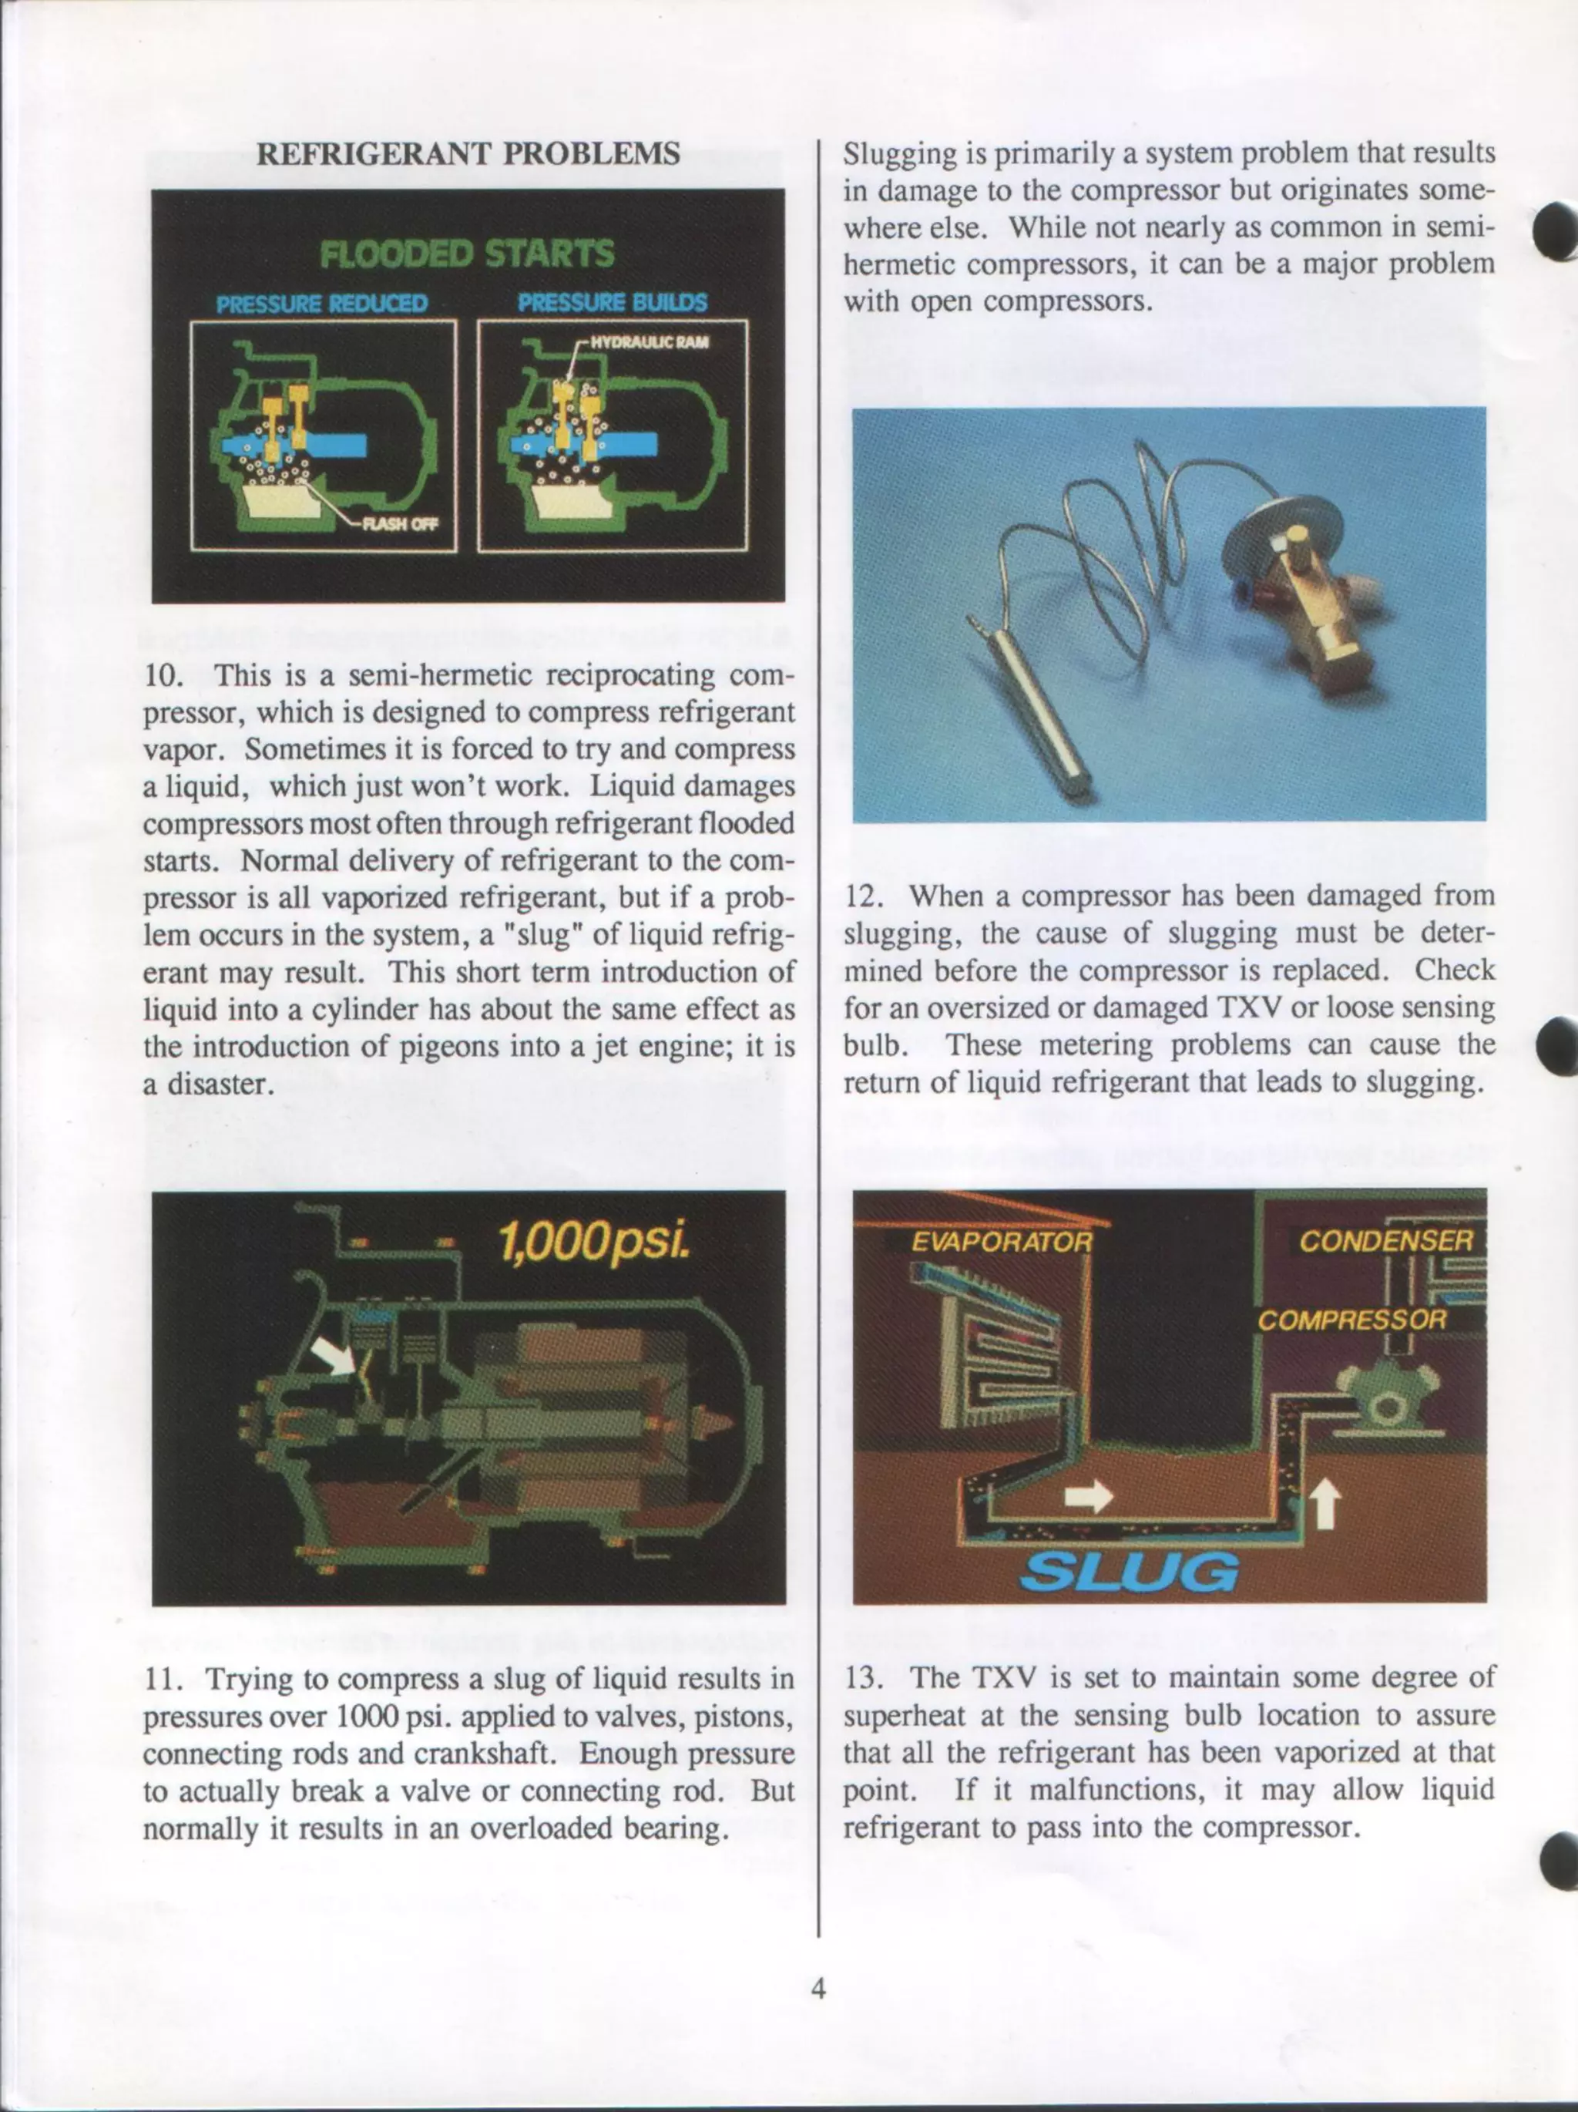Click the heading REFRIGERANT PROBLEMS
click(468, 153)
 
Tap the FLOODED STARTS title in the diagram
click(468, 254)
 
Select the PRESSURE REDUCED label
click(323, 304)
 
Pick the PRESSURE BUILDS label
click(612, 303)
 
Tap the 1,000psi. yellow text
click(593, 1243)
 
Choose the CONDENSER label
click(1386, 1241)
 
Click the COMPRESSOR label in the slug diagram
click(1351, 1320)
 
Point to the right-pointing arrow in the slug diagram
click(1088, 1495)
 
